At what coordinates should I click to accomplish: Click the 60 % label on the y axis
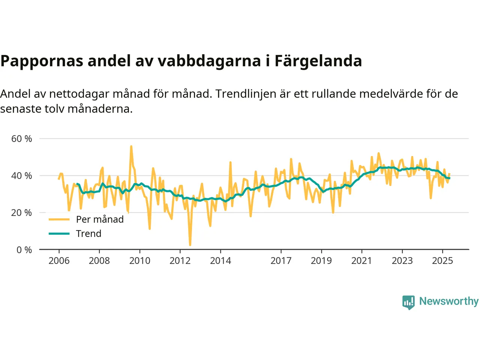click(x=22, y=139)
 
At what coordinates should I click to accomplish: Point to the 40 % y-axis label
click(x=22, y=175)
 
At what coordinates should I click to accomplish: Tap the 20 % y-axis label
click(x=22, y=213)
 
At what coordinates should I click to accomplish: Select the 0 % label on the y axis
click(x=24, y=250)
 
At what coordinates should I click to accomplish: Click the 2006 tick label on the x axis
click(x=59, y=261)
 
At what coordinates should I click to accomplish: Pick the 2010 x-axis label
click(x=140, y=261)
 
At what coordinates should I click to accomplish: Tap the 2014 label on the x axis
click(x=220, y=261)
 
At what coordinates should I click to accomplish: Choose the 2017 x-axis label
click(x=281, y=261)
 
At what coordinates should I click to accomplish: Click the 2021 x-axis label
click(x=361, y=261)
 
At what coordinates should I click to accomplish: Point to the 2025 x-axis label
click(x=442, y=261)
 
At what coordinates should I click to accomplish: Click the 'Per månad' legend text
click(x=100, y=219)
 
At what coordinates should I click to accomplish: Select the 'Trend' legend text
click(x=88, y=234)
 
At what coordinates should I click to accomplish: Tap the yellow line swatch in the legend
click(x=59, y=219)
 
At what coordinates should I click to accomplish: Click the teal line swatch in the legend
click(x=59, y=234)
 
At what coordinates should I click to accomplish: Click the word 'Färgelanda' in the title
click(x=318, y=61)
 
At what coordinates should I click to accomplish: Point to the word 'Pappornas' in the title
click(x=42, y=61)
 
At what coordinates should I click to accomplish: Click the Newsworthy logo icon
click(x=408, y=302)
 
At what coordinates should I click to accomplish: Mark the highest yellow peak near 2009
click(x=131, y=146)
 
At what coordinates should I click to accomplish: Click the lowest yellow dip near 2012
click(x=190, y=245)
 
